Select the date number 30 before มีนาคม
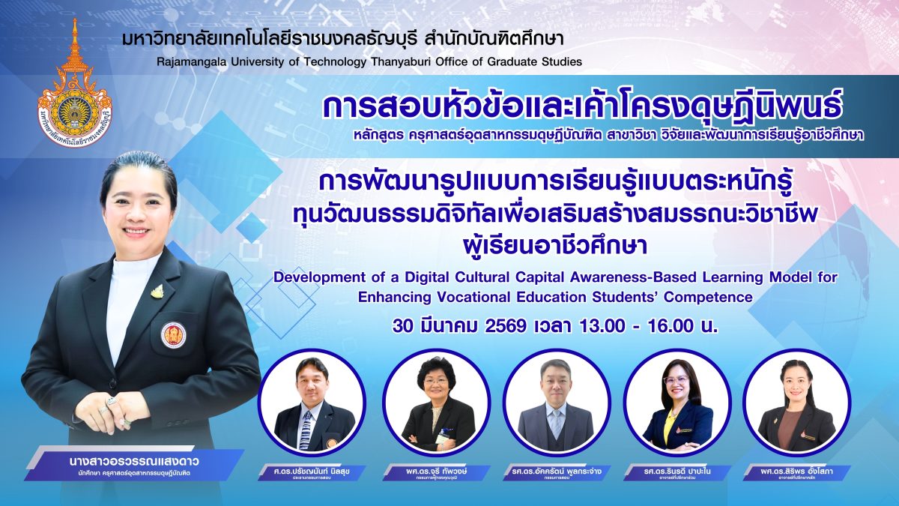[x=405, y=327]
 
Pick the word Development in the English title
[x=316, y=277]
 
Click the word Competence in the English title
[x=712, y=297]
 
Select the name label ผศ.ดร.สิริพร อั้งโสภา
[x=796, y=471]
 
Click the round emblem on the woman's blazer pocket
[x=174, y=334]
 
